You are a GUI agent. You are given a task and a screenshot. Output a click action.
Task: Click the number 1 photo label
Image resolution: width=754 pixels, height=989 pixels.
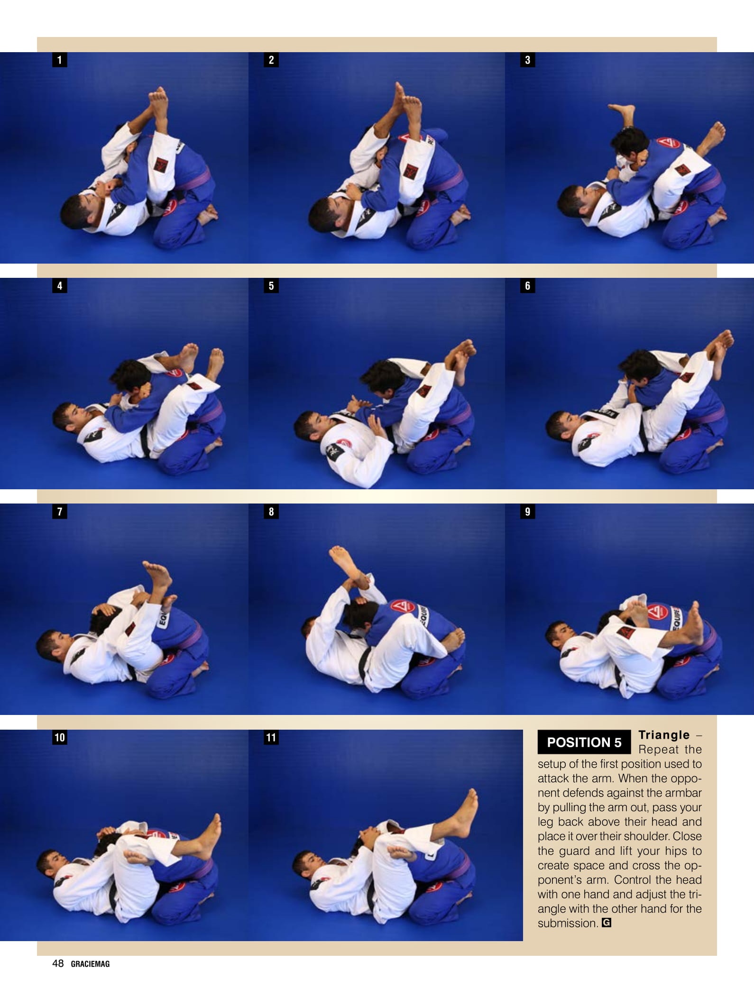click(59, 60)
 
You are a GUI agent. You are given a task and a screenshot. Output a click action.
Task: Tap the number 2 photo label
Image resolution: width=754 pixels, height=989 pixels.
click(271, 60)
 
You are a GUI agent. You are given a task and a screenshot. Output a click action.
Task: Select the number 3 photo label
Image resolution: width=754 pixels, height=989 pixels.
click(527, 60)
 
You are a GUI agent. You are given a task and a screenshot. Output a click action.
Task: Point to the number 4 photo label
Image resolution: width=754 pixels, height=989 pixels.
click(59, 285)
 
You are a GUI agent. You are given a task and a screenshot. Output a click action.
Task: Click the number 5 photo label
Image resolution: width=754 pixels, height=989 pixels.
click(271, 285)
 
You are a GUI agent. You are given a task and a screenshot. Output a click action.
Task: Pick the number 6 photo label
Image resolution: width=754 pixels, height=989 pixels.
click(527, 285)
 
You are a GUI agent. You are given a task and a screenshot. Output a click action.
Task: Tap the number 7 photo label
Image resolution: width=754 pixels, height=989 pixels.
click(59, 512)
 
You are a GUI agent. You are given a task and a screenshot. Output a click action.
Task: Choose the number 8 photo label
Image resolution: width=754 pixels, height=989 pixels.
click(271, 512)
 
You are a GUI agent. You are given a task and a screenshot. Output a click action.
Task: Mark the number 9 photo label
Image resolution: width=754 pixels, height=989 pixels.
click(527, 512)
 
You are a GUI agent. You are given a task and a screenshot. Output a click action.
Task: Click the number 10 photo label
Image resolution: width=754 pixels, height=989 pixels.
click(59, 737)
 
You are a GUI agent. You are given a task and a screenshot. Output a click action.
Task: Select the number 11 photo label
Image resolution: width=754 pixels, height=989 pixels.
click(271, 737)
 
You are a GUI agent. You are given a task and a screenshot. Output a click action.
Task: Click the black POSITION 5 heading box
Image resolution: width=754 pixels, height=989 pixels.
click(584, 742)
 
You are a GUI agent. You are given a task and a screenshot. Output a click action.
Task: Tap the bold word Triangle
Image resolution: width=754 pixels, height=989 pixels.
click(664, 735)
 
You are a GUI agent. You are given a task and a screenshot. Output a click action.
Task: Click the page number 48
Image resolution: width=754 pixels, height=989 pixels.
click(58, 963)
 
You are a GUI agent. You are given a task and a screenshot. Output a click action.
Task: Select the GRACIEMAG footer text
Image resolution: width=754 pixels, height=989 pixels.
click(90, 964)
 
